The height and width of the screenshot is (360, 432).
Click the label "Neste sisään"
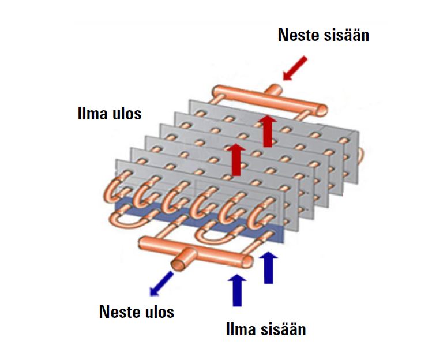[323, 35]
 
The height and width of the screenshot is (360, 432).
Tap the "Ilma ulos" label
[109, 113]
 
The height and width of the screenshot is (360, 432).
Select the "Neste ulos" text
[136, 312]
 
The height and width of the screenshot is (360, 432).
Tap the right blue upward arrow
[268, 267]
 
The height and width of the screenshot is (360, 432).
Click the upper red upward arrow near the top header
[266, 130]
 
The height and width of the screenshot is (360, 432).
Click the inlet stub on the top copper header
[275, 90]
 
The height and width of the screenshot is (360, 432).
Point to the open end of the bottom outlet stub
[179, 264]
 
